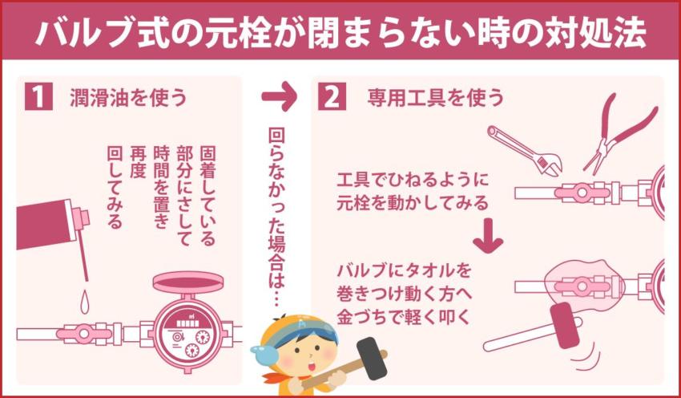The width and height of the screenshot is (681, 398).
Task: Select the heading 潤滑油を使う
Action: point(124,98)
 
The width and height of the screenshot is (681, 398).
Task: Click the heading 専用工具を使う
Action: point(436,98)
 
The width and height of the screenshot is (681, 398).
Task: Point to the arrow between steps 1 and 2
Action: point(279,97)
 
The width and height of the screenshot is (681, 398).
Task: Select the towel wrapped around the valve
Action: point(585,282)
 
